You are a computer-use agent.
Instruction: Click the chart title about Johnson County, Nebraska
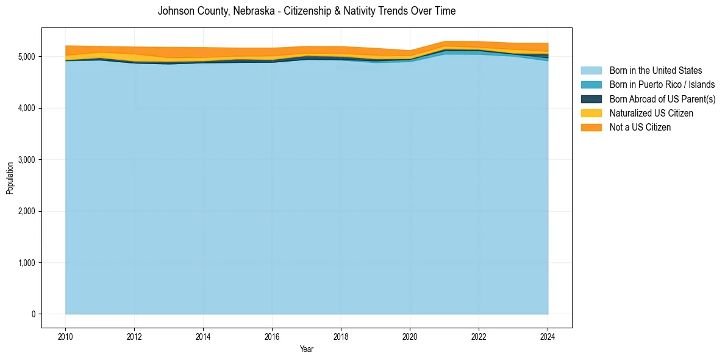[x=307, y=11]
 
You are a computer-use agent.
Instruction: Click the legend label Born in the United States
[x=655, y=71]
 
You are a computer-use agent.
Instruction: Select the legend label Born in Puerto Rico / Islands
[x=662, y=85]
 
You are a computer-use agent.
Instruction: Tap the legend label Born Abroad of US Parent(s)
[x=662, y=99]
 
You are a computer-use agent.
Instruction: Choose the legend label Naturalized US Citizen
[x=651, y=113]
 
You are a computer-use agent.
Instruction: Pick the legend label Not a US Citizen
[x=640, y=128]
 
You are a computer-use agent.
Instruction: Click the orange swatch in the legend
[x=591, y=128]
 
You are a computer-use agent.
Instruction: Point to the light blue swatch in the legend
[x=591, y=71]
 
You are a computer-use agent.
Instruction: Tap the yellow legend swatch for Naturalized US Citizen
[x=591, y=113]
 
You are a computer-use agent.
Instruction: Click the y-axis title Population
[x=10, y=178]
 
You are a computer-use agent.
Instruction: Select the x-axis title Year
[x=307, y=349]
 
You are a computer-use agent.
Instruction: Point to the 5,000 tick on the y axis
[x=25, y=57]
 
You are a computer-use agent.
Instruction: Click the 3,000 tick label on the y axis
[x=25, y=160]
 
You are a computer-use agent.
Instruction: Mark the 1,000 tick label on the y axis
[x=25, y=263]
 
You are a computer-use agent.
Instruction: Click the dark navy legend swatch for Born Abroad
[x=591, y=99]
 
